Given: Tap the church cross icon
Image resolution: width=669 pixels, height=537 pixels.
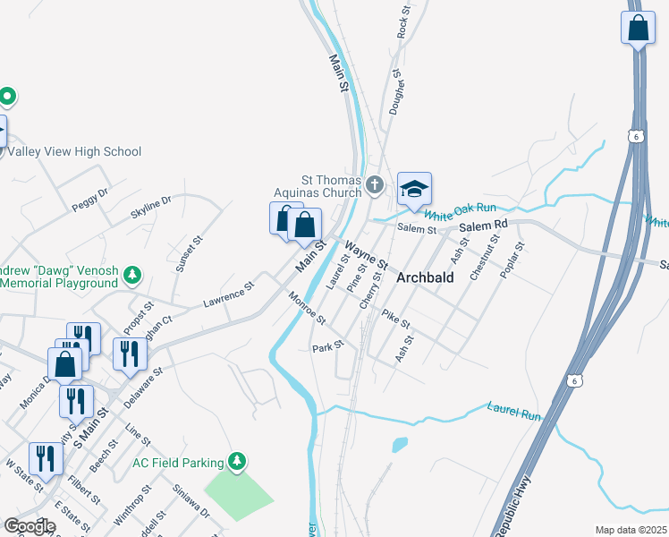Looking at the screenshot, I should (x=375, y=185).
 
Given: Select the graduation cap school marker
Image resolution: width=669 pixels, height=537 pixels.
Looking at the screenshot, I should (x=414, y=189).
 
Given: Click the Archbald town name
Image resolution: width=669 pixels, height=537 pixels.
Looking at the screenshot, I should (x=425, y=277).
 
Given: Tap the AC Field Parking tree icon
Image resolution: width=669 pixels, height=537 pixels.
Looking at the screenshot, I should (x=236, y=462).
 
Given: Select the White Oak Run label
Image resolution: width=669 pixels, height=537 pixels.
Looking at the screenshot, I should (x=453, y=211).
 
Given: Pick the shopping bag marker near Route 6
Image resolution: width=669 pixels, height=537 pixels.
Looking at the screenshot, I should (x=638, y=28).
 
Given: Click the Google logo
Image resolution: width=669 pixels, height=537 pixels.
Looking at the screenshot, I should (x=30, y=526).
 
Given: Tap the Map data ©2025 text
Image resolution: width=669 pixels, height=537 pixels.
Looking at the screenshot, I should (x=631, y=530).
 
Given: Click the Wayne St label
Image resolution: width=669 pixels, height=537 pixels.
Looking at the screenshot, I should (x=367, y=256).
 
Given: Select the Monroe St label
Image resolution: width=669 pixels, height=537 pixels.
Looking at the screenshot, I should (x=307, y=307).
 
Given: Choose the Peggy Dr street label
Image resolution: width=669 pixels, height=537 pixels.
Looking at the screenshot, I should (x=89, y=199).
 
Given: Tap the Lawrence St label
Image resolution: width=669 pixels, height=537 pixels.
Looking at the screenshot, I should (x=228, y=293).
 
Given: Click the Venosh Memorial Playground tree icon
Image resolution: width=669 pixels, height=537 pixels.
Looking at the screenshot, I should (x=132, y=275).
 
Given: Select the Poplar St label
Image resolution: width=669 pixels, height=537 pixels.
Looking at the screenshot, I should (x=512, y=260).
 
